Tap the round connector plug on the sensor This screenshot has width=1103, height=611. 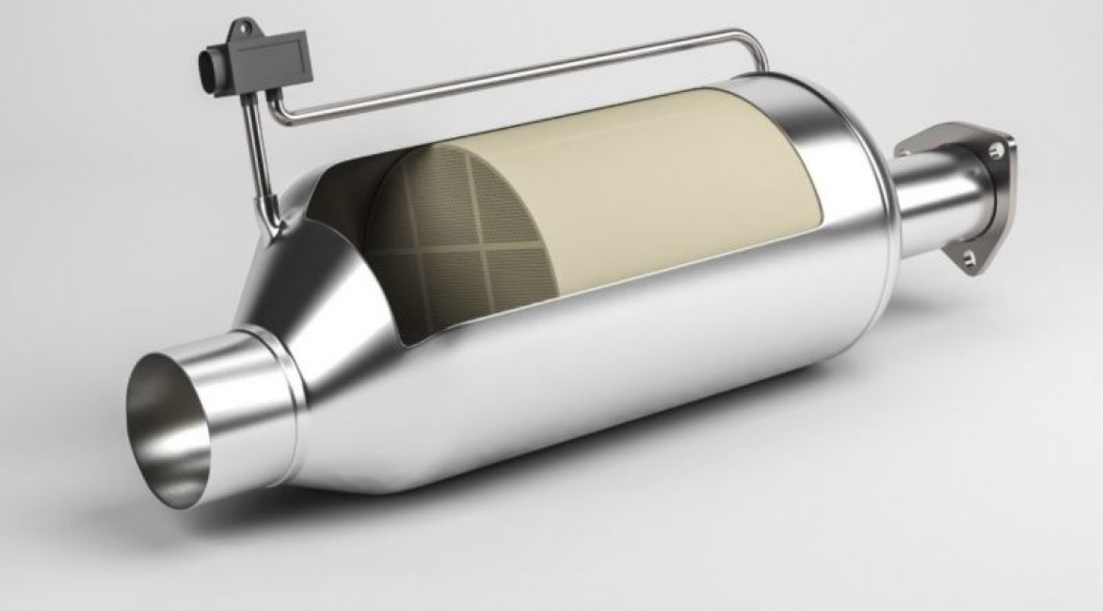click(x=210, y=69)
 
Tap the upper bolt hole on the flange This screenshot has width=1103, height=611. click(x=994, y=148)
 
